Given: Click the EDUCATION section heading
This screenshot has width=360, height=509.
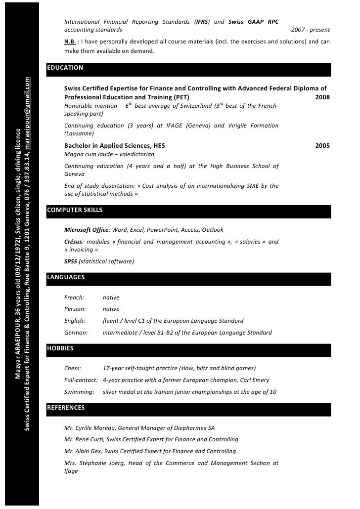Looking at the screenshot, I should [x=65, y=68].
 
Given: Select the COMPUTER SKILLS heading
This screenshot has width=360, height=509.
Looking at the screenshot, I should [x=74, y=210].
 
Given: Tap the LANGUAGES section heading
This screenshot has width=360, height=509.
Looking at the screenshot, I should [x=66, y=277].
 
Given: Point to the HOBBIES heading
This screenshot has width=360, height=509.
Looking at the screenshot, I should [x=60, y=348].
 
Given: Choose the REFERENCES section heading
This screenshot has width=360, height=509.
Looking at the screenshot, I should [x=66, y=408].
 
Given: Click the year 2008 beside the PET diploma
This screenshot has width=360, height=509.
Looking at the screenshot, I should [x=322, y=97].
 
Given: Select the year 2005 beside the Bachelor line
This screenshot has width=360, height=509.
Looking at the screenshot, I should [x=322, y=146].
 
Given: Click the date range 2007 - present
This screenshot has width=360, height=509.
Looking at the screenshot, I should [x=311, y=30].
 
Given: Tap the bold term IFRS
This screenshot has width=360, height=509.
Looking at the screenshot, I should [x=202, y=22].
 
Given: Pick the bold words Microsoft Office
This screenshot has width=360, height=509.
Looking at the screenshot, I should [x=87, y=230].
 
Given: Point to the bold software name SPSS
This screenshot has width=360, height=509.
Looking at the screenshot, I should [x=71, y=261].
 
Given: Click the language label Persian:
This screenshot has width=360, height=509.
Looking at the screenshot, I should [x=75, y=309].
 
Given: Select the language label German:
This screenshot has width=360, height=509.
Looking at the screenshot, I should [x=76, y=333].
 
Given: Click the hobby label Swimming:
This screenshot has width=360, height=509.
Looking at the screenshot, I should [x=79, y=392].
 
